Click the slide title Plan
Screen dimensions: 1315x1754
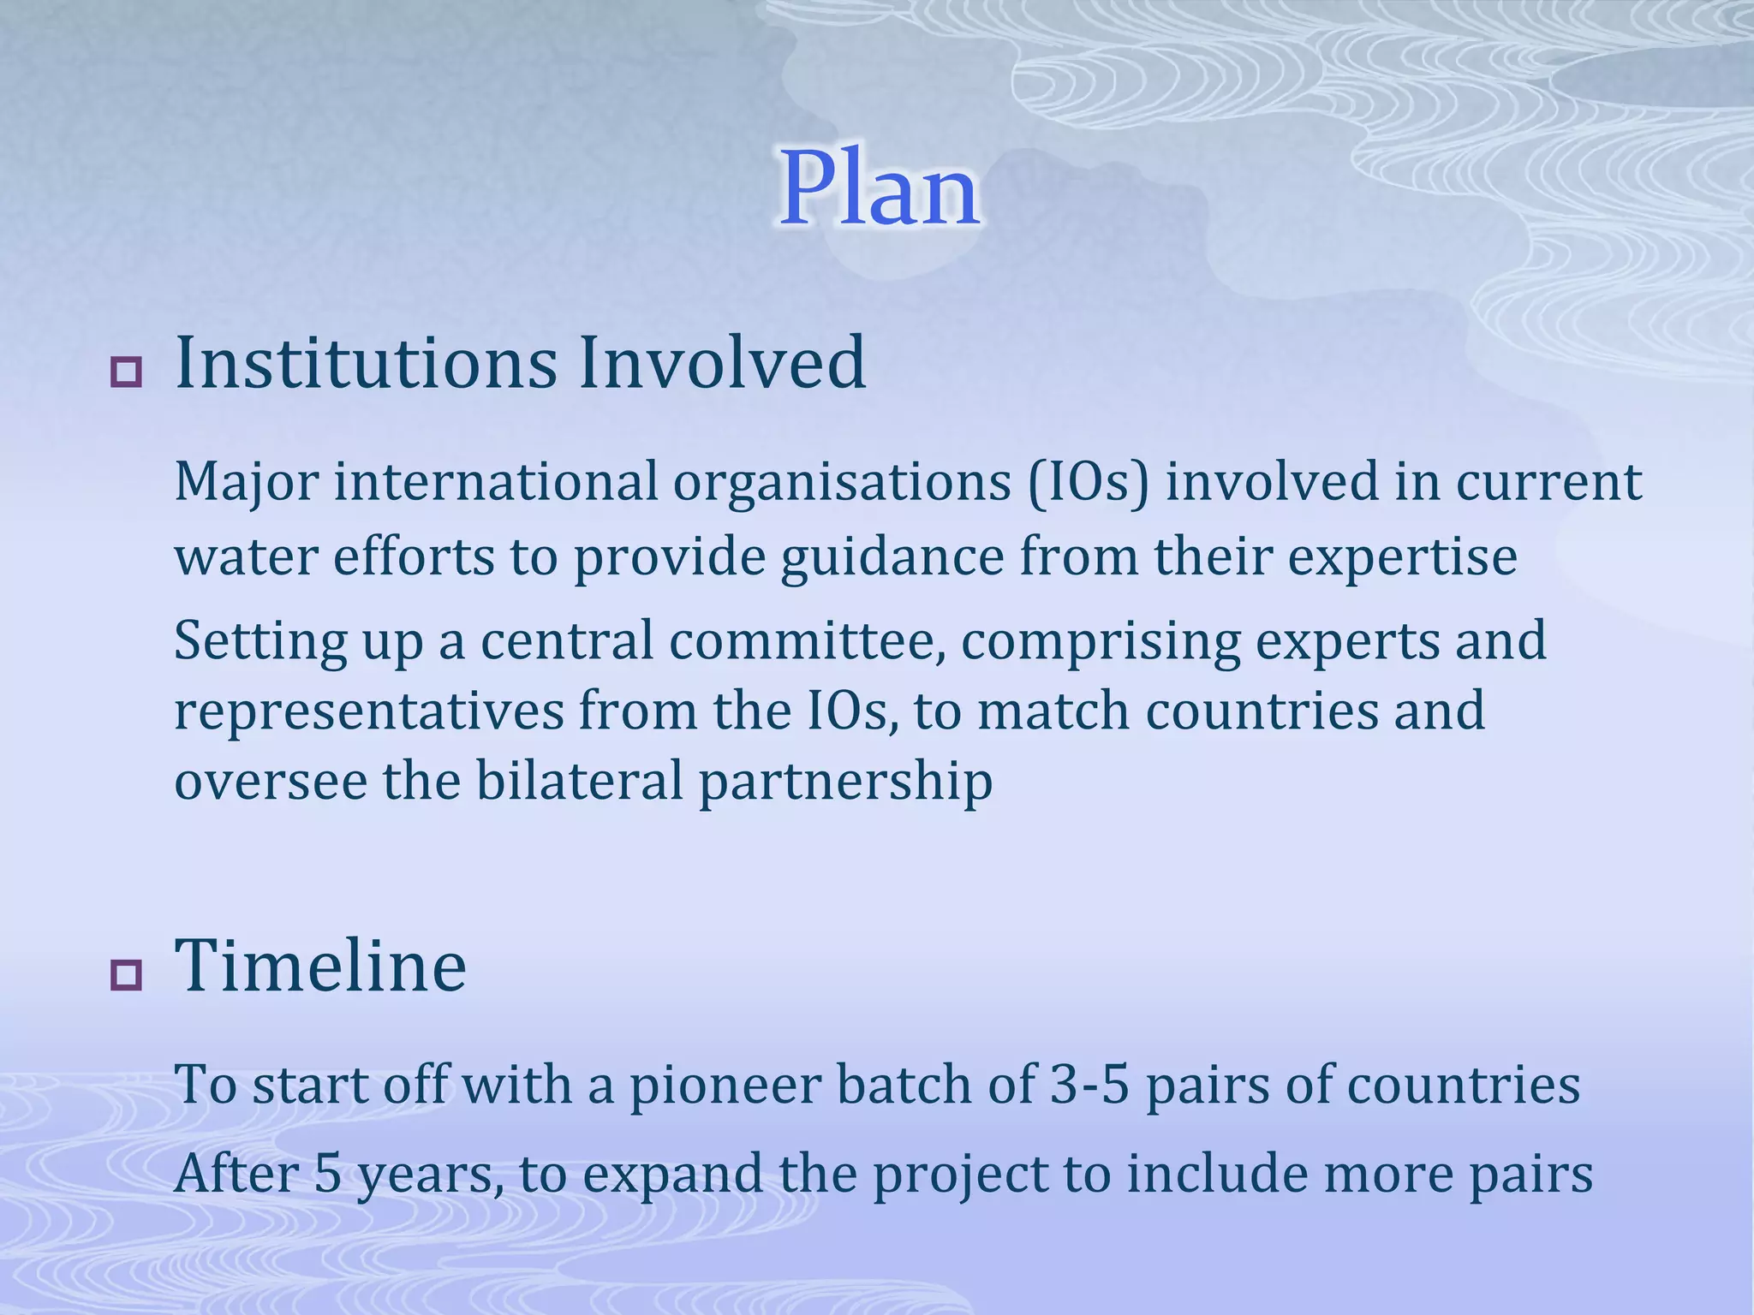(x=880, y=190)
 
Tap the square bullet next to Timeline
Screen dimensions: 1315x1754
(x=127, y=974)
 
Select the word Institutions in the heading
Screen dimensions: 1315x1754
(x=366, y=363)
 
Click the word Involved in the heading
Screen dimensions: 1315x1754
(x=721, y=363)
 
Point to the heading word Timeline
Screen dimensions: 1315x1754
(x=320, y=966)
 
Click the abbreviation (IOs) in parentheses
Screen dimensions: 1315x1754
(x=1087, y=482)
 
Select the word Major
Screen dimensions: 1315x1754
(x=247, y=482)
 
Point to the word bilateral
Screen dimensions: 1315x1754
(x=579, y=781)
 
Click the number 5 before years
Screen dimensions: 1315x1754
(x=327, y=1174)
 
